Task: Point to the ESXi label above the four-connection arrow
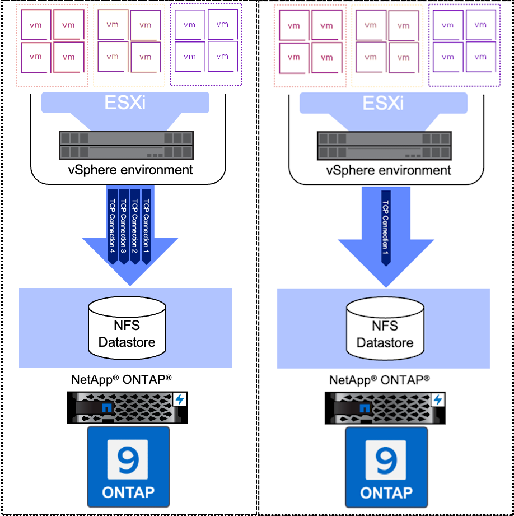[125, 103]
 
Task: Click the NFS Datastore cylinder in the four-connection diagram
[127, 328]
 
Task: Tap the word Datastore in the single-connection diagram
[385, 342]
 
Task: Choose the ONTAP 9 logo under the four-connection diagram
[128, 466]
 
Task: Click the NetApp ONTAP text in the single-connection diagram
[380, 380]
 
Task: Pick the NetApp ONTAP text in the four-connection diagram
[122, 379]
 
